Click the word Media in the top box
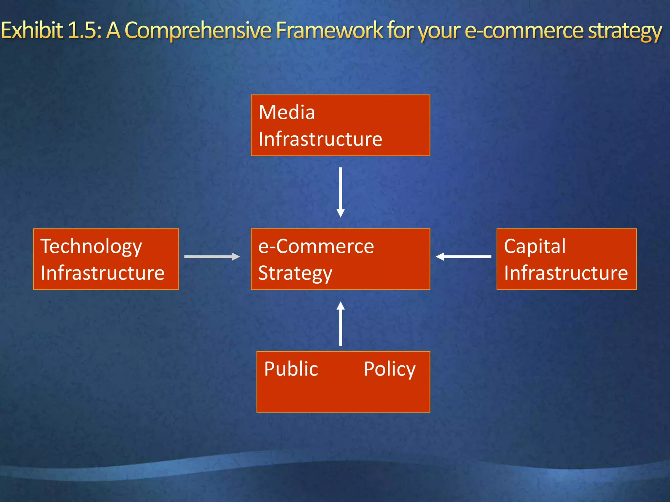(287, 112)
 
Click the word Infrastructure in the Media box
(320, 139)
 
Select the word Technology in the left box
(91, 247)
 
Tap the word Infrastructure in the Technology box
(102, 273)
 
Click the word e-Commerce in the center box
(316, 246)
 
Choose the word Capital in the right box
(535, 246)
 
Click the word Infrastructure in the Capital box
(566, 273)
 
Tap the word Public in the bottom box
(291, 369)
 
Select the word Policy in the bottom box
(389, 370)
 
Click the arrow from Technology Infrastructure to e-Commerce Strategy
(212, 257)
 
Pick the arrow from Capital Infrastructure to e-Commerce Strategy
(464, 257)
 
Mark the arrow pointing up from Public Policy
(341, 324)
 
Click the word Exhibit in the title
(32, 30)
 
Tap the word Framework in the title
(329, 30)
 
